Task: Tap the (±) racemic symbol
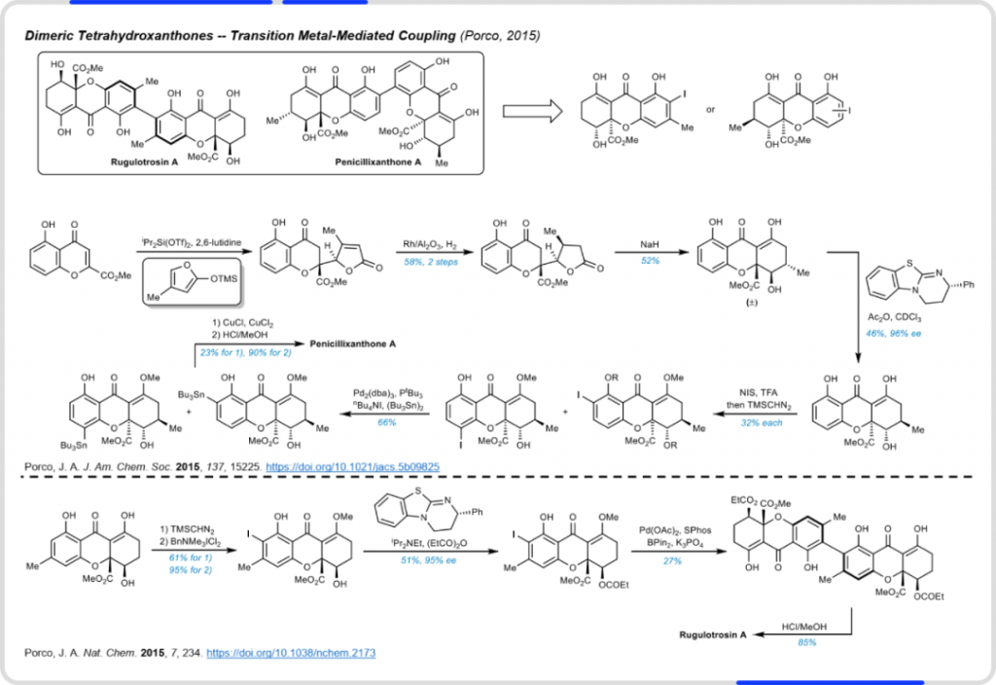point(726,304)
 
